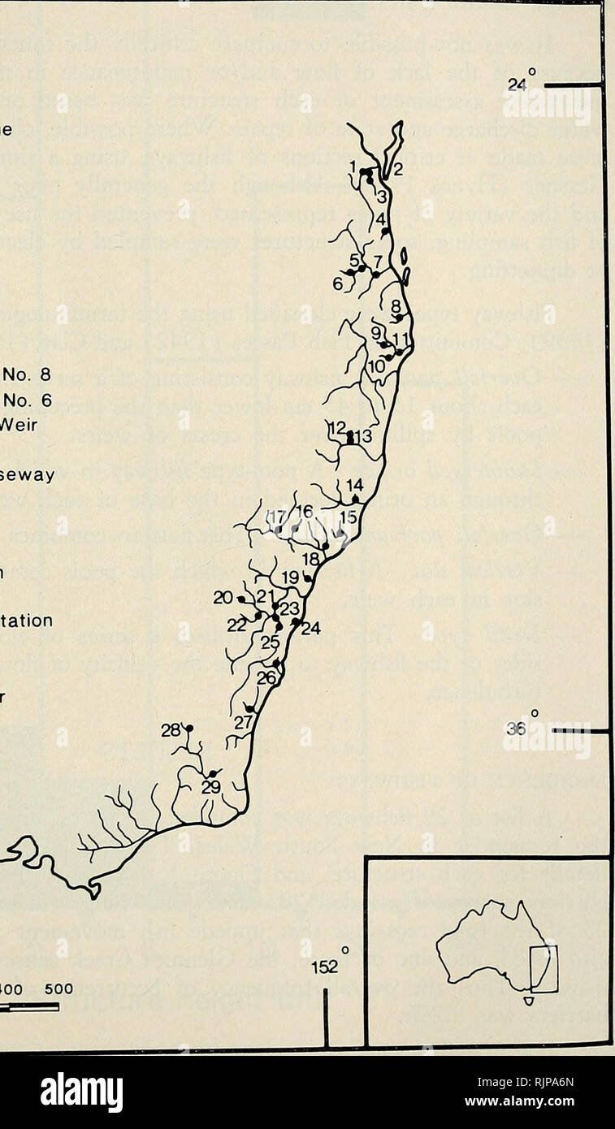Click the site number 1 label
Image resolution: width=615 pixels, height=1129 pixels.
click(353, 167)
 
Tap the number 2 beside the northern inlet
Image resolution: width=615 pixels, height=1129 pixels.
click(398, 171)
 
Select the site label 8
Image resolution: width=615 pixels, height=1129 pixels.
click(396, 307)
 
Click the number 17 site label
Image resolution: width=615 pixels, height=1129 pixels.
click(277, 517)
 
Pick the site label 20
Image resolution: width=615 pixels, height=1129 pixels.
click(223, 598)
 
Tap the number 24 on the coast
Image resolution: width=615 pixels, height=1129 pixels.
click(311, 628)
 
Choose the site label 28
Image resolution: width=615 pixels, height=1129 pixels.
click(170, 730)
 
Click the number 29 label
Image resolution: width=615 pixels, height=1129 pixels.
click(211, 787)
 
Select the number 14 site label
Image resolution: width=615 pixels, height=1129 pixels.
click(354, 486)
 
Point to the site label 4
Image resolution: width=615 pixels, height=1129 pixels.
click(380, 218)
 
